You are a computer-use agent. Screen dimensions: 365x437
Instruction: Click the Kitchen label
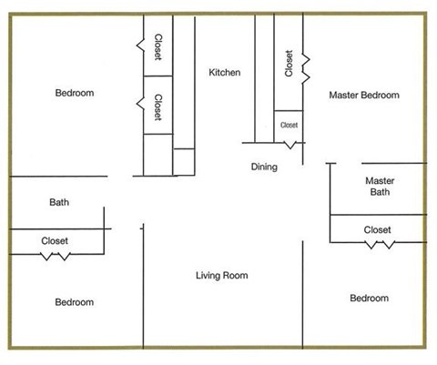(x=224, y=73)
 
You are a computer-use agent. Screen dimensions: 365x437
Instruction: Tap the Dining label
(x=264, y=167)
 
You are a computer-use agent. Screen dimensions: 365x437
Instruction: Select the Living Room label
(x=222, y=276)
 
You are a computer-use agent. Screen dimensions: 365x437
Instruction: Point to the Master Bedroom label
(x=364, y=95)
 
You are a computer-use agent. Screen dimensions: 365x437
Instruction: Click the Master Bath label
(x=379, y=186)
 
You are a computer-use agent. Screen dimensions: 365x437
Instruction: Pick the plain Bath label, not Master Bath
(x=59, y=203)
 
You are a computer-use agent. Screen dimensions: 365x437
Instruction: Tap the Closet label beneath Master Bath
(x=377, y=230)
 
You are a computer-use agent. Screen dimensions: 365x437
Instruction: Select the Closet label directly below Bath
(x=55, y=241)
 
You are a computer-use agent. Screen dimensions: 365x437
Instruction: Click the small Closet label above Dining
(x=289, y=126)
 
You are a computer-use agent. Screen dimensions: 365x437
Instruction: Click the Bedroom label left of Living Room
(x=74, y=302)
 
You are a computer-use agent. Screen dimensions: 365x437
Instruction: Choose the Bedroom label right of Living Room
(x=369, y=299)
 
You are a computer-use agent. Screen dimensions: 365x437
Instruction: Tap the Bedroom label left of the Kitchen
(x=75, y=93)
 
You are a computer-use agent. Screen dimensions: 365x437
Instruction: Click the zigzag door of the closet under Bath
(x=55, y=256)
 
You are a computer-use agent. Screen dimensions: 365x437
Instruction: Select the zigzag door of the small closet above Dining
(x=290, y=144)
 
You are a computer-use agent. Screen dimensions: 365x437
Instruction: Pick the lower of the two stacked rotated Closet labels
(x=158, y=106)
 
